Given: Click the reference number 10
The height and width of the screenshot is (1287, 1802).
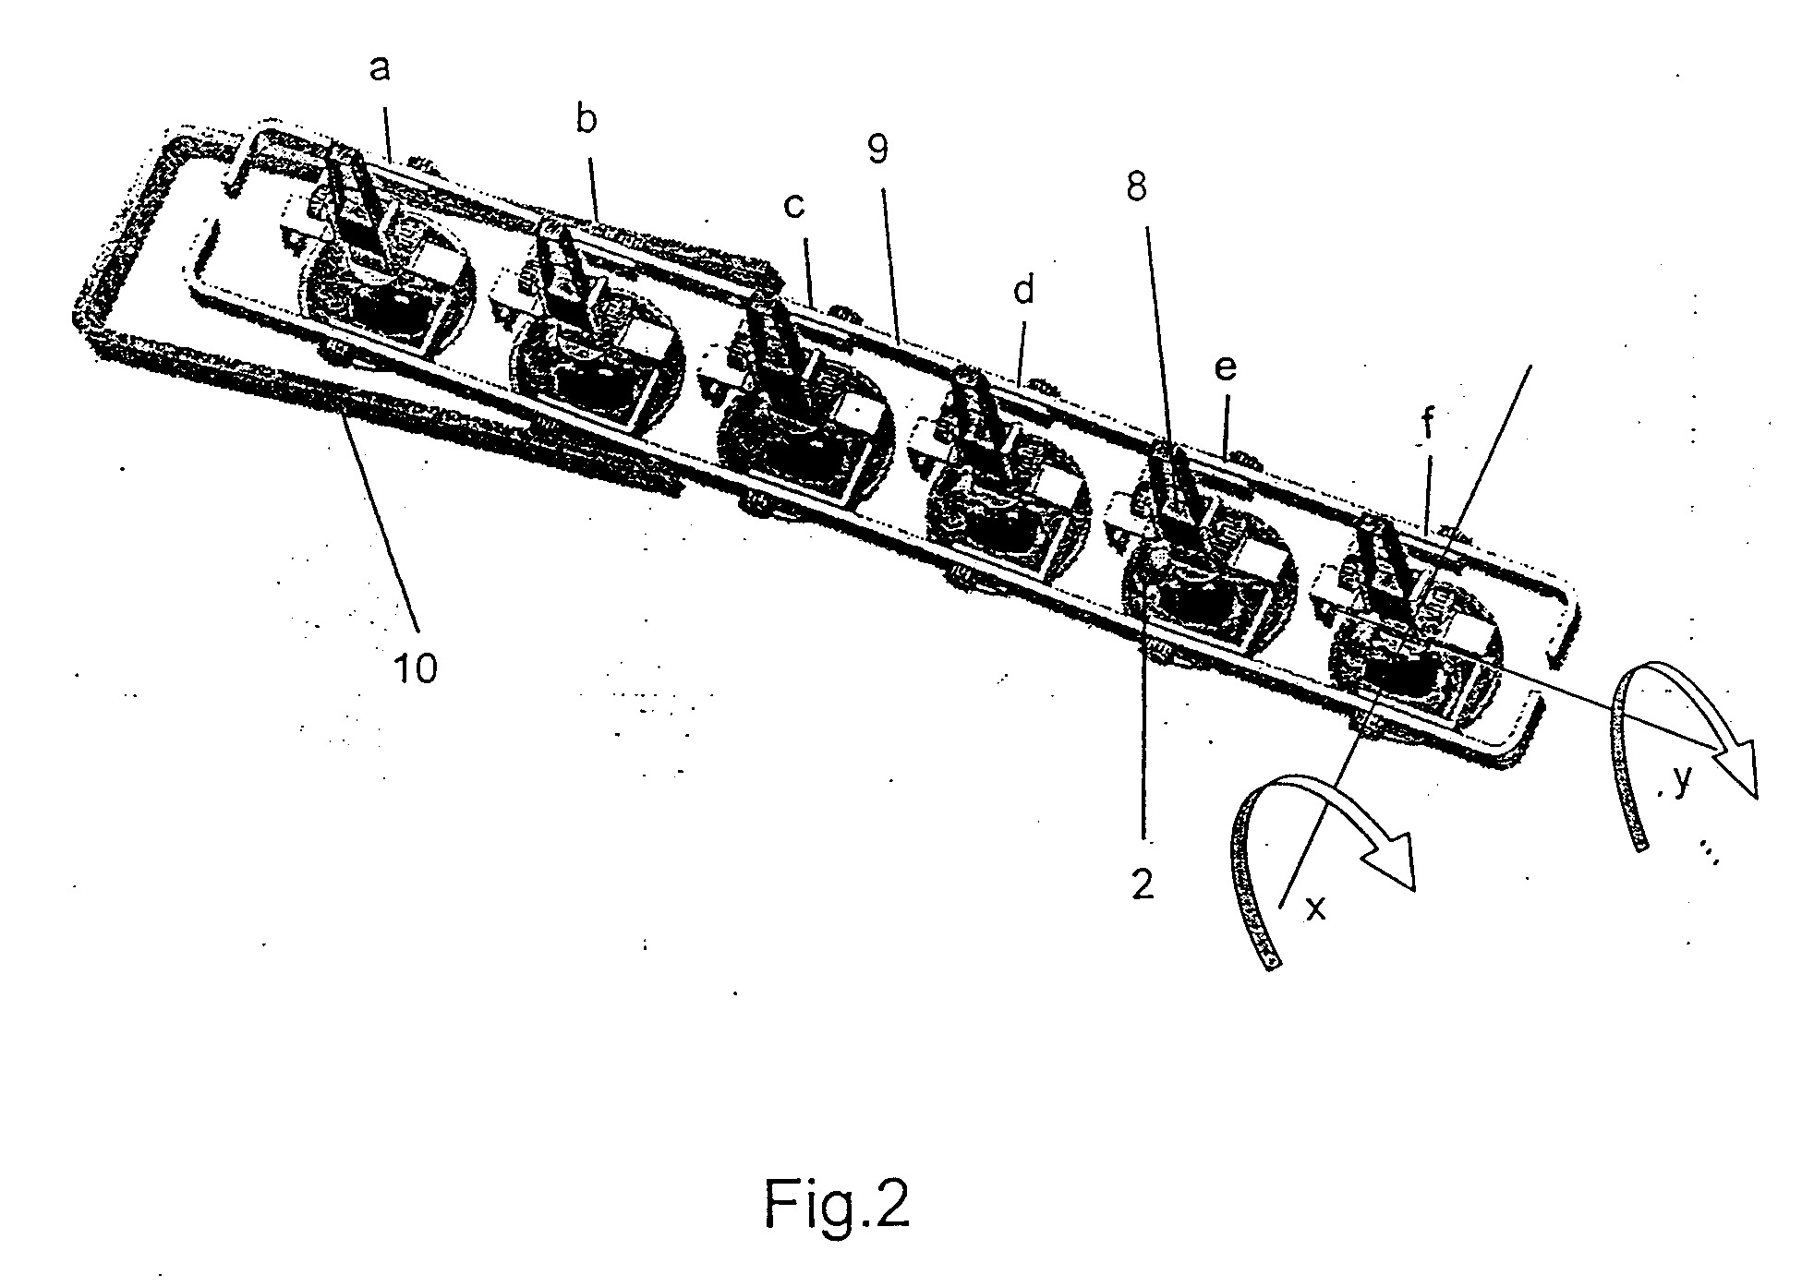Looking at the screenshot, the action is coord(416,668).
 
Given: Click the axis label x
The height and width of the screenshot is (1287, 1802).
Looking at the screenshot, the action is coord(1316,908).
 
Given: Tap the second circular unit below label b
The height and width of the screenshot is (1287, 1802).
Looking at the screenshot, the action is coord(595,355).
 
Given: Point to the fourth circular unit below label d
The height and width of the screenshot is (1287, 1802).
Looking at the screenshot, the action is coord(1007,503).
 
